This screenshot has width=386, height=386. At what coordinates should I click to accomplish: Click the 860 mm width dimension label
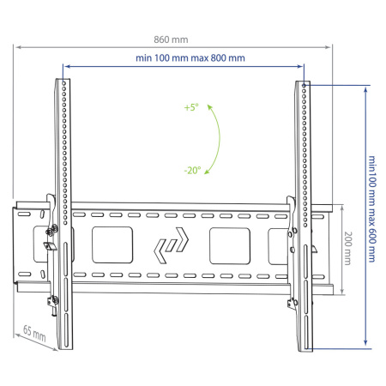pyautogui.click(x=171, y=39)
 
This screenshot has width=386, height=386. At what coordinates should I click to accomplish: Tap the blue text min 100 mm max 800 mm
pyautogui.click(x=190, y=58)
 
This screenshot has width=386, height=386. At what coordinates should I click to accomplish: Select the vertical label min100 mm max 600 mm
pyautogui.click(x=371, y=208)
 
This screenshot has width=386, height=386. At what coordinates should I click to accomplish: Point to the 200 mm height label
pyautogui.click(x=347, y=248)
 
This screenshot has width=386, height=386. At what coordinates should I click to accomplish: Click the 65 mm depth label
pyautogui.click(x=34, y=334)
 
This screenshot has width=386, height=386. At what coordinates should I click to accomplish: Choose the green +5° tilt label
pyautogui.click(x=191, y=107)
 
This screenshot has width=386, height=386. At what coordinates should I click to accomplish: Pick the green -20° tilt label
pyautogui.click(x=192, y=171)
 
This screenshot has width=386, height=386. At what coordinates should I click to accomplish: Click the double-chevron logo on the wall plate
pyautogui.click(x=171, y=245)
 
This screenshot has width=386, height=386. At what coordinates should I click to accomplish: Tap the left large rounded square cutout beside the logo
pyautogui.click(x=112, y=245)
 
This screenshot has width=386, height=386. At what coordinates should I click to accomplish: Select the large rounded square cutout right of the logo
pyautogui.click(x=230, y=246)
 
